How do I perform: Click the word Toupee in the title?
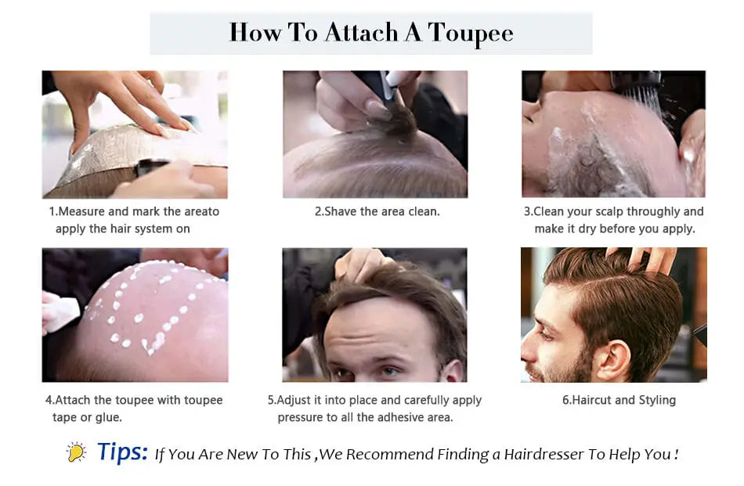(470, 33)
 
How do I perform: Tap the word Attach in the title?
(361, 32)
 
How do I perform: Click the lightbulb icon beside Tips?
(76, 452)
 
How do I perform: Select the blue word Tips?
(122, 452)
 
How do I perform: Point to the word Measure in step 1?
(81, 211)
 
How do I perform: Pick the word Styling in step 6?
(657, 401)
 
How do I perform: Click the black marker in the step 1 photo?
(153, 167)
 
